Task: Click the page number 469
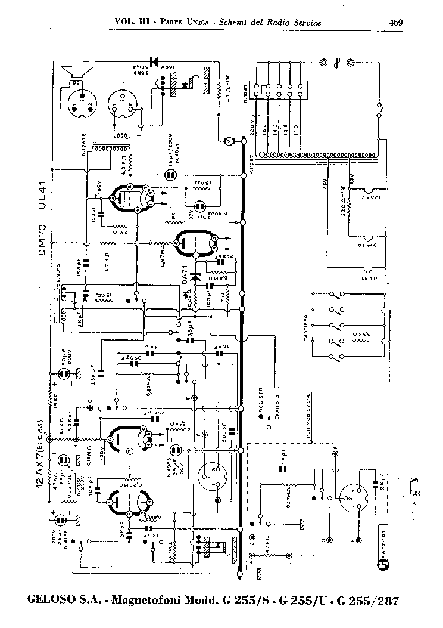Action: (396, 23)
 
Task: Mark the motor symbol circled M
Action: (227, 141)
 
